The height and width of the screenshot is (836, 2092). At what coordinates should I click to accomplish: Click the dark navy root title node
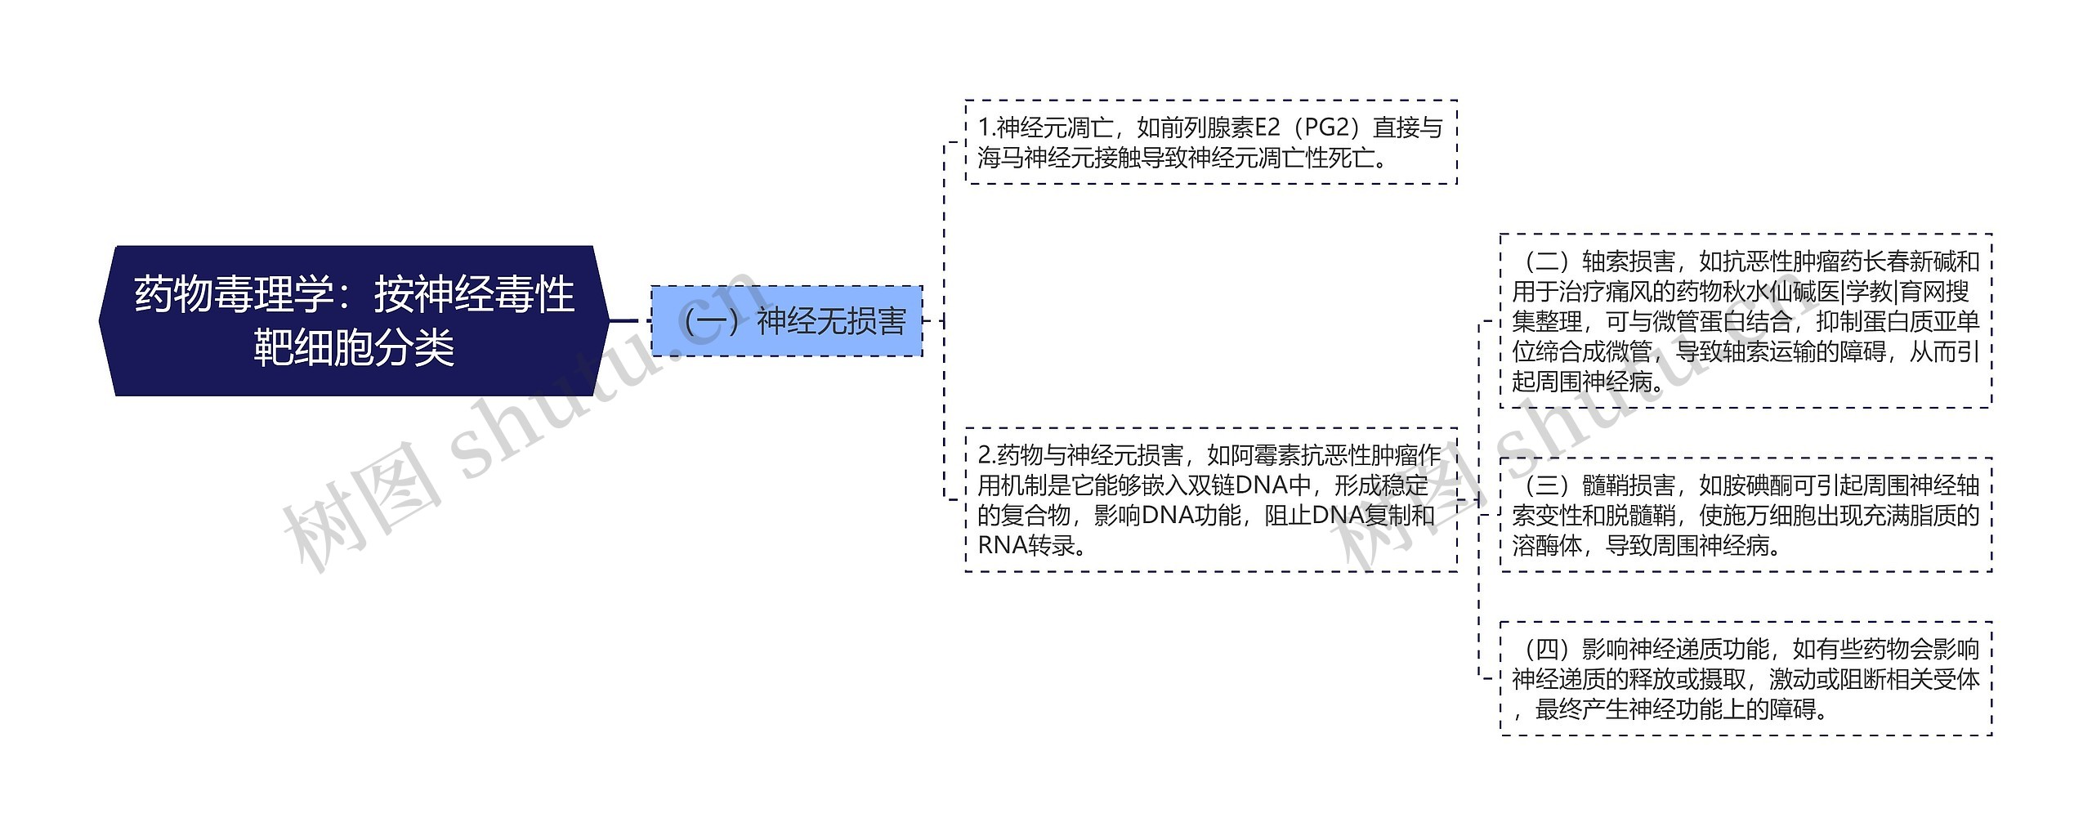pyautogui.click(x=354, y=320)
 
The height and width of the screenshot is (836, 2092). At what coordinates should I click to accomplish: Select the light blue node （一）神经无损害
pyautogui.click(x=786, y=321)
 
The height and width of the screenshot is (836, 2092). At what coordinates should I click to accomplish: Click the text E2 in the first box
pyautogui.click(x=1267, y=127)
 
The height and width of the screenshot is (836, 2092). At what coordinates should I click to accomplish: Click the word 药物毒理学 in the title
pyautogui.click(x=233, y=294)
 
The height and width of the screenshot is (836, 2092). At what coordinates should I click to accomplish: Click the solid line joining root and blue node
pyautogui.click(x=629, y=320)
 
